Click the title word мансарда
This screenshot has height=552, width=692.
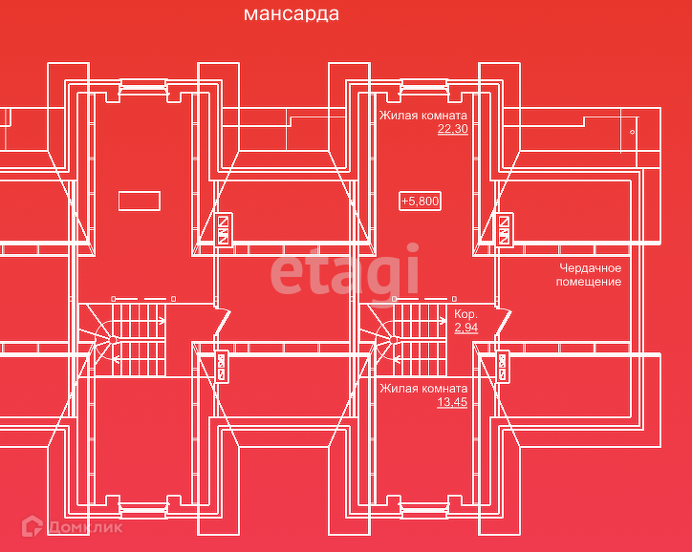tap(291, 14)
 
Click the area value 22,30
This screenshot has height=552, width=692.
tap(452, 129)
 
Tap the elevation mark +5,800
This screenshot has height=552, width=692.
tap(420, 201)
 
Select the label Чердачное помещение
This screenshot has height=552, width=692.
tap(590, 275)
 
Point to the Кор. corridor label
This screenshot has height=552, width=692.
tap(465, 314)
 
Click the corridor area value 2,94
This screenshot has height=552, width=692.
tap(465, 328)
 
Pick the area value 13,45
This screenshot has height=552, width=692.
tap(452, 402)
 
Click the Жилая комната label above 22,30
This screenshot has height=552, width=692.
tap(422, 116)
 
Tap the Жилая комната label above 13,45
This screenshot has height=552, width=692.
tap(422, 389)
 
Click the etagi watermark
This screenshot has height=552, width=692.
tap(344, 270)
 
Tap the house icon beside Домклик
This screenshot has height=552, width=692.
tap(32, 525)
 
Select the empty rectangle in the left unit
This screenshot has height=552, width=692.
tap(140, 200)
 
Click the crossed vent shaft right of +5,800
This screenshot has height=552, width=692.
tap(504, 230)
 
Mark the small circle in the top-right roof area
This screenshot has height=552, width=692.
tap(632, 129)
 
